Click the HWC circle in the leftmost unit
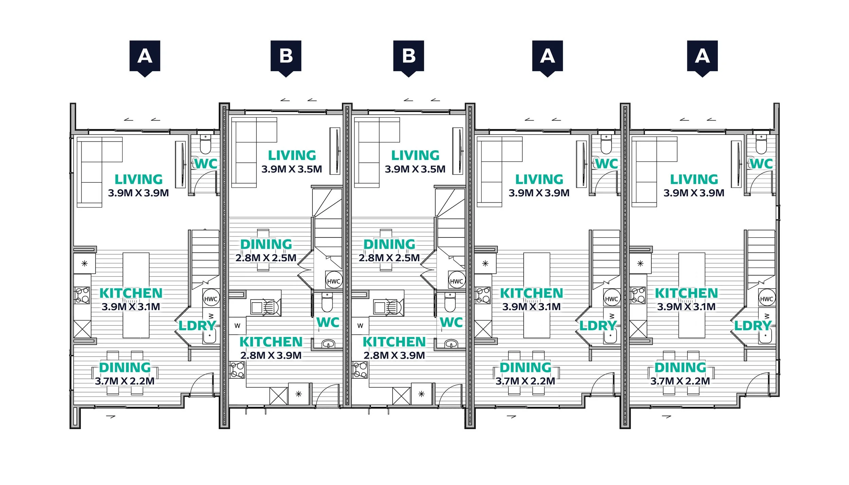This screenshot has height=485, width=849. (211, 299)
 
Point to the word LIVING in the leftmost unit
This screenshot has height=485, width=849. (139, 179)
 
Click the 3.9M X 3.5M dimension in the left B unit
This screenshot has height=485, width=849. (291, 169)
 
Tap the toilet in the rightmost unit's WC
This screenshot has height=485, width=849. (761, 145)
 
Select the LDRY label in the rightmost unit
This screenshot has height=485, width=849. (753, 326)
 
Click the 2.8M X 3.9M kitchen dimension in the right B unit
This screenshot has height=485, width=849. (394, 355)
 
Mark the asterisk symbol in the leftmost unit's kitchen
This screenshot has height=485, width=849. (85, 263)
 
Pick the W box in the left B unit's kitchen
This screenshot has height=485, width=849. (237, 326)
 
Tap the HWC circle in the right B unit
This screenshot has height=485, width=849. (456, 281)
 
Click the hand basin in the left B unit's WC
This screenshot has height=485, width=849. (328, 344)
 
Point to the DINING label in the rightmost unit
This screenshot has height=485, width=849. (680, 367)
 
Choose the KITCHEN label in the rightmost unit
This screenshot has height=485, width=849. (686, 293)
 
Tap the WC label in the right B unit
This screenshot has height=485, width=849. (451, 322)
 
